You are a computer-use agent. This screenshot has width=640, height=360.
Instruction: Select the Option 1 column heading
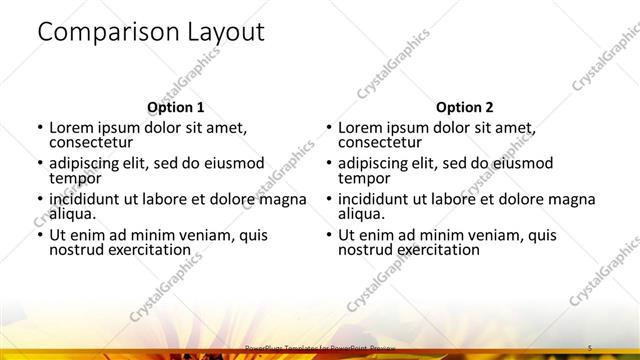[175, 107]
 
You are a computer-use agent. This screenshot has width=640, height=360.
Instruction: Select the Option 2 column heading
[464, 107]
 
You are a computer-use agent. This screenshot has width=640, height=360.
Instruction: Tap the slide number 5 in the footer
[590, 347]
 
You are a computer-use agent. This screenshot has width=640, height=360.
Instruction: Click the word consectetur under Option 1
[93, 143]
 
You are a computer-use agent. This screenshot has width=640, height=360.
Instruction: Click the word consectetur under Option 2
[382, 143]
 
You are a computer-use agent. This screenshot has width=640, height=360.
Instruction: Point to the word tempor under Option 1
[75, 178]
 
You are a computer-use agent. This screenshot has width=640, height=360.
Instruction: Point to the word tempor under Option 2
[364, 178]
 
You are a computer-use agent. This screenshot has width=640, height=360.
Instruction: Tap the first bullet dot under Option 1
[39, 128]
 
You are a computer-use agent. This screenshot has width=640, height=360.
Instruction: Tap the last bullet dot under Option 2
[328, 235]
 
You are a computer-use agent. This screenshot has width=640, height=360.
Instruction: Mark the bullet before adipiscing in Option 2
[328, 164]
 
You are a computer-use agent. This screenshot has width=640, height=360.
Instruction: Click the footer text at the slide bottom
[315, 348]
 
